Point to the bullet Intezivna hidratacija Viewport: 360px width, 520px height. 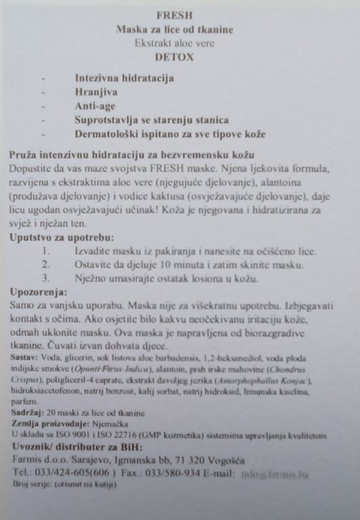[x=124, y=78]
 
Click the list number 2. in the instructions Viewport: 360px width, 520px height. [x=45, y=265]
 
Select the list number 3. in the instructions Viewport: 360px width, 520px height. [x=45, y=279]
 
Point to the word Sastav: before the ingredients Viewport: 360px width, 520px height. [x=24, y=358]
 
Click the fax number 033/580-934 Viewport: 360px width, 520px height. [x=168, y=472]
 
